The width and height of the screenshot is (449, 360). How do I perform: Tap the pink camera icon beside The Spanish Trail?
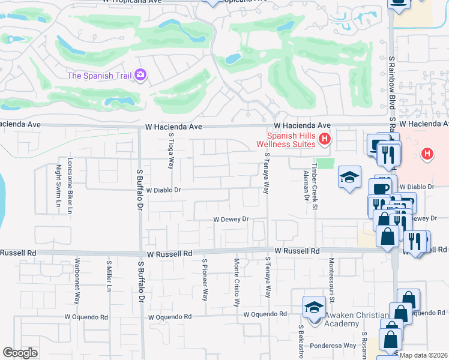pos(141,74)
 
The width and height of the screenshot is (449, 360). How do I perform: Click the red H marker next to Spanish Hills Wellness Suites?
pos(325,139)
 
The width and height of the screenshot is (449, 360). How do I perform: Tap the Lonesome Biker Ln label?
pos(70,186)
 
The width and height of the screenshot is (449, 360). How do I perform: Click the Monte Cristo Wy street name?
pos(237,282)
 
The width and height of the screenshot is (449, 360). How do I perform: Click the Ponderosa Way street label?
pos(334,346)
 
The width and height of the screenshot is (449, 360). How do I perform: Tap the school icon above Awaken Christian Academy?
pos(313,307)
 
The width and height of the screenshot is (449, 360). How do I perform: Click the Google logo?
pos(20,353)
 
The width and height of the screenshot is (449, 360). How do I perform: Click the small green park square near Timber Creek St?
pos(325,163)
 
